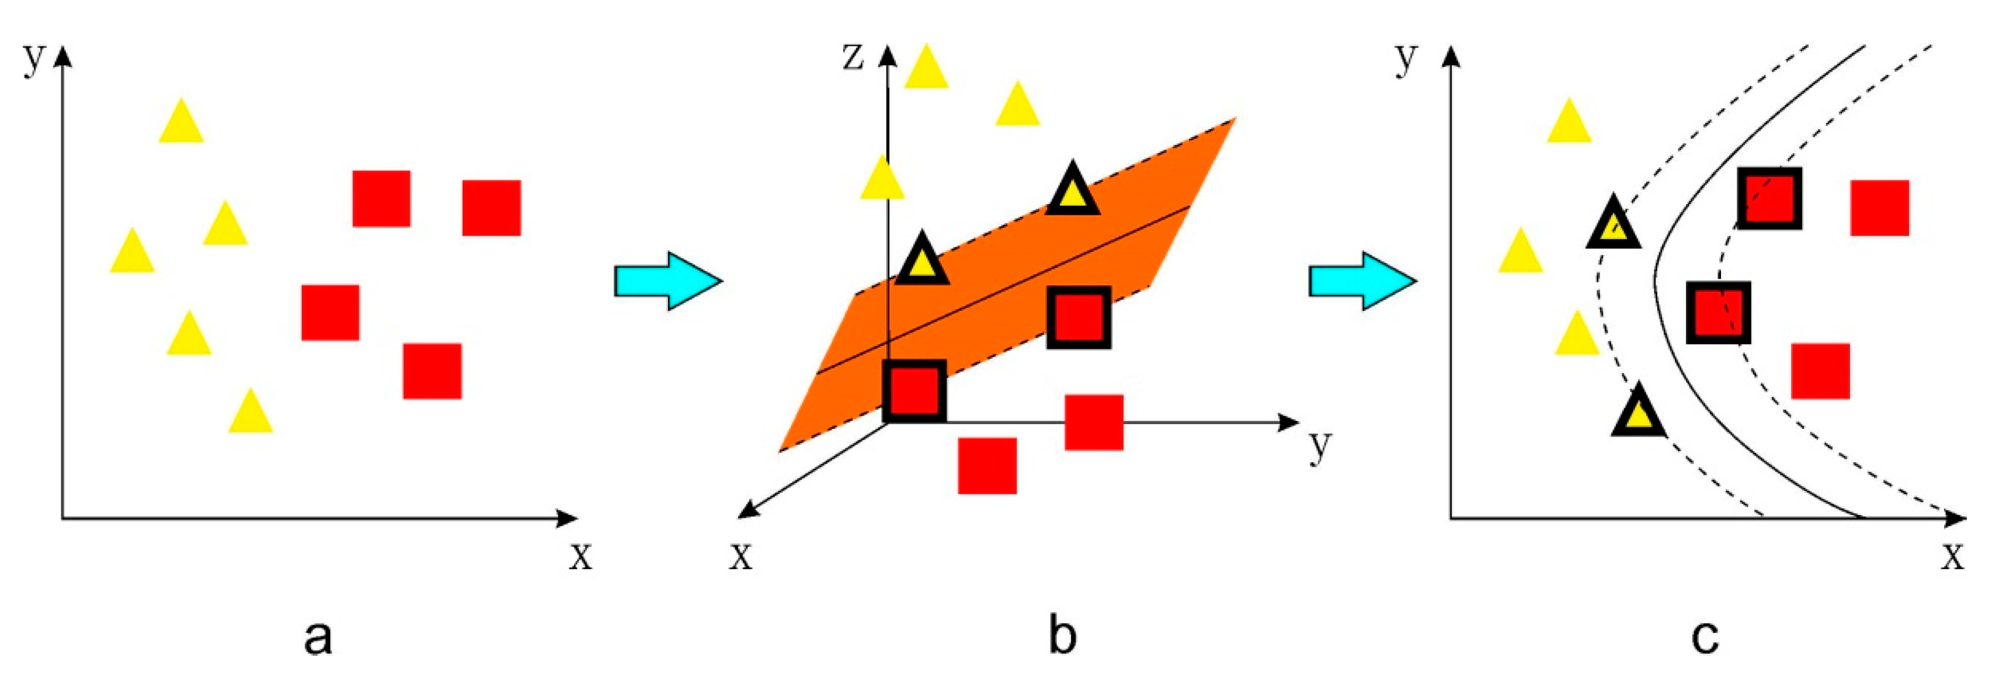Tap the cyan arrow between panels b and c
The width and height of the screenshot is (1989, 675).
point(1362,281)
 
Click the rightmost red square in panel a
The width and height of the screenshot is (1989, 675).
point(492,207)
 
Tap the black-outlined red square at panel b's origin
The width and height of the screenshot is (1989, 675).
point(915,391)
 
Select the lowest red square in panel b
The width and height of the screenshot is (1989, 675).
point(987,466)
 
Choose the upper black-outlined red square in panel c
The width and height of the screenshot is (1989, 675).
point(1769,199)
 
